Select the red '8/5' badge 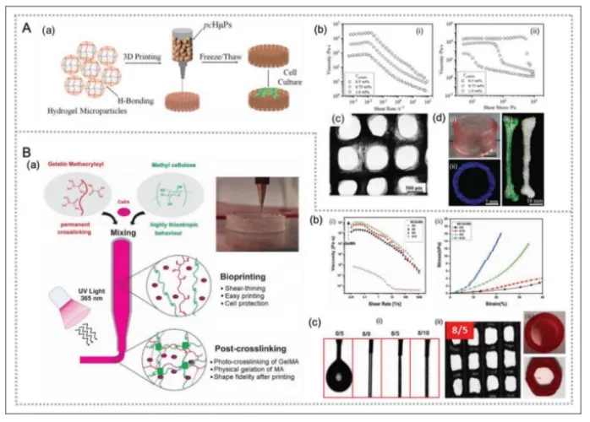462,338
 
